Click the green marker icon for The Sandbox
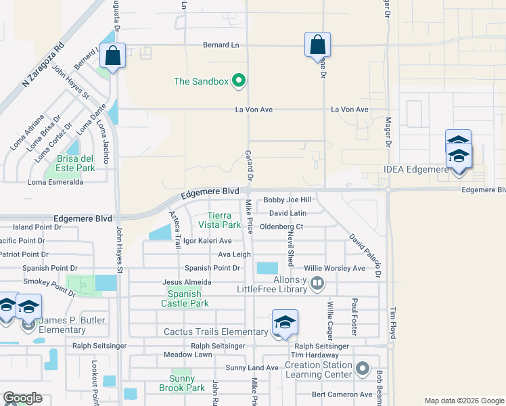coord(238,82)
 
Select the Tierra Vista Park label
coord(223,219)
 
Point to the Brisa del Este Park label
coord(66,163)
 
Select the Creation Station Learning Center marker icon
coord(363,369)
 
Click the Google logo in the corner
coord(22,398)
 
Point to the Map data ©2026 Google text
coord(464,401)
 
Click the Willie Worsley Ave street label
coord(334,268)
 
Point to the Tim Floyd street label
coord(392,323)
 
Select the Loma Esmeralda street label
coord(55,182)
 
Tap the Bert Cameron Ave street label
coord(342,394)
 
